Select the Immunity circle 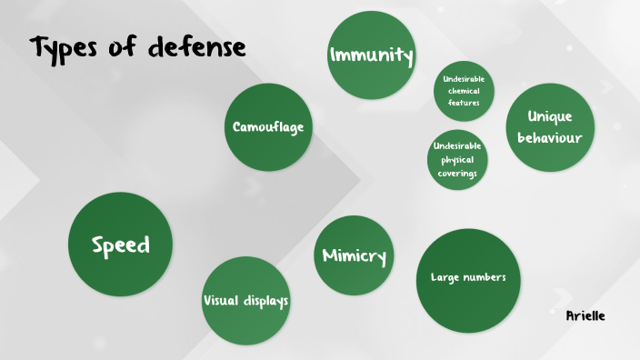[x=370, y=55]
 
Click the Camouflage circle [x=267, y=127]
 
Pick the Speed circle [x=120, y=245]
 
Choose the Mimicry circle [x=354, y=256]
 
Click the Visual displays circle [x=245, y=300]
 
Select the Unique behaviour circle [x=550, y=127]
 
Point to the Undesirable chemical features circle [x=464, y=91]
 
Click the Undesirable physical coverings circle [x=457, y=159]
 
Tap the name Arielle [x=585, y=315]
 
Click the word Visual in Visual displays [x=221, y=300]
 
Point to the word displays [x=266, y=300]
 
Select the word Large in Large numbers [x=445, y=277]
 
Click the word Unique [x=550, y=116]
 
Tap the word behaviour [x=550, y=138]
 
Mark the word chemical [x=464, y=91]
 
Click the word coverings [x=457, y=174]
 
